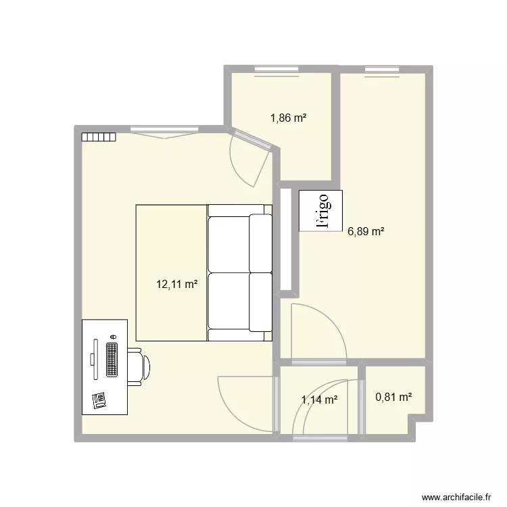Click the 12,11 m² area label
177,285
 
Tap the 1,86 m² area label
289,118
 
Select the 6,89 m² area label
366,231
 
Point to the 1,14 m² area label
320,400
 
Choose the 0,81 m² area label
394,398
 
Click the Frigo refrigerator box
320,212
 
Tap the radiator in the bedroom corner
99,137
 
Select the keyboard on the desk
112,360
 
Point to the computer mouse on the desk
113,336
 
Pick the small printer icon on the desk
99,400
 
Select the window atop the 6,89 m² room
382,69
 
